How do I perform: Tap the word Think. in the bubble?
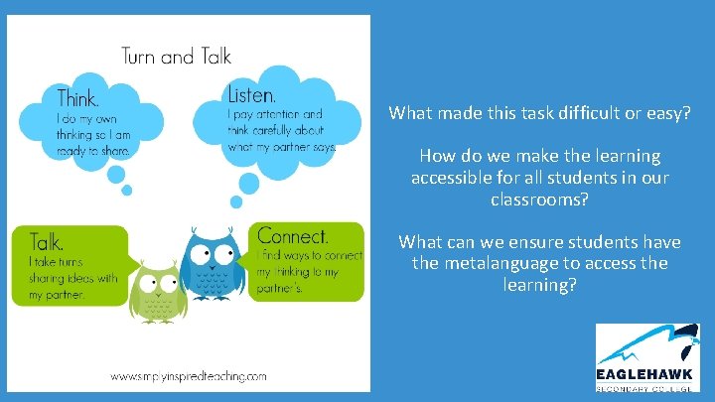(77, 98)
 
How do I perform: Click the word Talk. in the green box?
(48, 241)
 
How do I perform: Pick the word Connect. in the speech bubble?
(293, 236)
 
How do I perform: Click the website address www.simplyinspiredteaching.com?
(190, 376)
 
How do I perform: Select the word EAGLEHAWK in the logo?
(650, 375)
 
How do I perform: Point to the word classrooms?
(539, 199)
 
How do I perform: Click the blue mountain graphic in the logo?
(645, 345)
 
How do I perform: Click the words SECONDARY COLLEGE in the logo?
(650, 388)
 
